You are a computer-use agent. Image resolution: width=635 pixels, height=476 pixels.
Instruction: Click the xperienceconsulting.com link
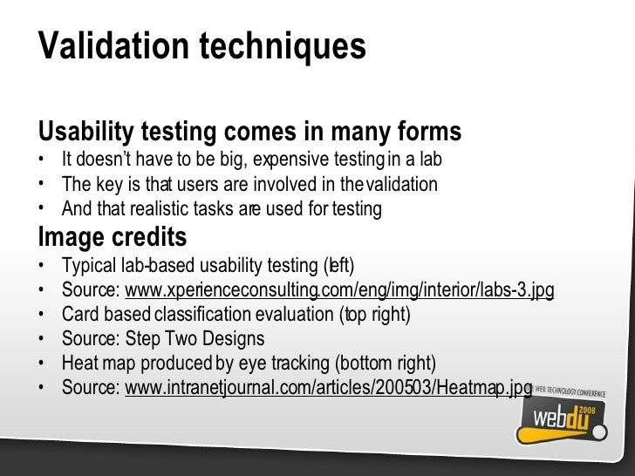pyautogui.click(x=340, y=289)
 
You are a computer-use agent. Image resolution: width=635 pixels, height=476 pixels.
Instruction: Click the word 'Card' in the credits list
pyautogui.click(x=79, y=314)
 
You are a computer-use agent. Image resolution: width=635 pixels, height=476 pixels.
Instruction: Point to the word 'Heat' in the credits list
pyautogui.click(x=79, y=363)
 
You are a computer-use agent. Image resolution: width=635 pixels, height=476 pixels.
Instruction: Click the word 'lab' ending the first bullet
pyautogui.click(x=431, y=161)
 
